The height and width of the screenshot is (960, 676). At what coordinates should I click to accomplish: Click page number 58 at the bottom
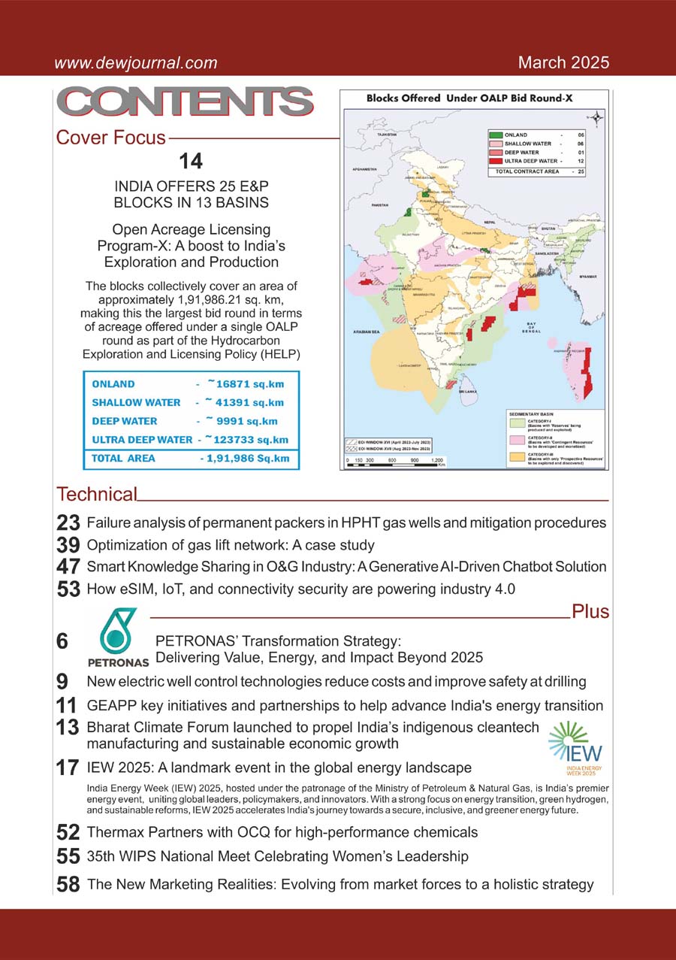click(x=68, y=885)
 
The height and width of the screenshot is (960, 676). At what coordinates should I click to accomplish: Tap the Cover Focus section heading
click(x=110, y=138)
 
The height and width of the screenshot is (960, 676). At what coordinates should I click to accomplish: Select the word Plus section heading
click(x=590, y=611)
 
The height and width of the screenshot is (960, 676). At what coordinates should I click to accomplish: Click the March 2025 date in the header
click(x=563, y=62)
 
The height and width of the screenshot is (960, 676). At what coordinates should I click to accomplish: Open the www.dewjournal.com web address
click(x=136, y=63)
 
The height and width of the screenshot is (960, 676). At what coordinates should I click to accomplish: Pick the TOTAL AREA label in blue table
click(x=124, y=458)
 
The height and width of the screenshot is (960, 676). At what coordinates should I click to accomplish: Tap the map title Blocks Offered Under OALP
click(x=475, y=98)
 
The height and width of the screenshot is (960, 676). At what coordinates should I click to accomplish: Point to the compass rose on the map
click(x=595, y=117)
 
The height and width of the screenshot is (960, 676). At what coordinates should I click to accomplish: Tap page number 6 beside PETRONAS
click(x=62, y=641)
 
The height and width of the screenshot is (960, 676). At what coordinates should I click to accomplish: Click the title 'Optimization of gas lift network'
click(x=231, y=544)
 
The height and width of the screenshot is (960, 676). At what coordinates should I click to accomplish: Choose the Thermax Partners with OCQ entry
click(x=282, y=832)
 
